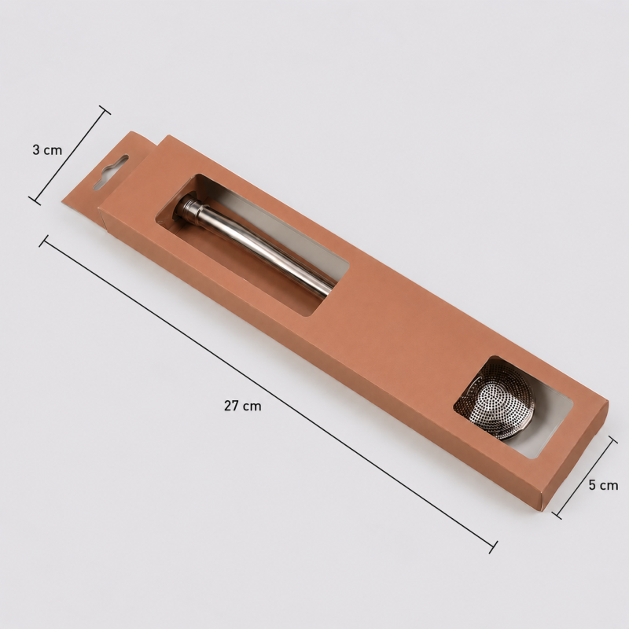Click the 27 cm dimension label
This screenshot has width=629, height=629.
(x=243, y=406)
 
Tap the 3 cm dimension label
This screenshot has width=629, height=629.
(x=47, y=150)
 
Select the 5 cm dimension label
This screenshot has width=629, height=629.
(x=603, y=485)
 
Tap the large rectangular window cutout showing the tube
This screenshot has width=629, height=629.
(x=252, y=245)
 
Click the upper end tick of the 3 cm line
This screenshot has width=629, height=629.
(x=105, y=110)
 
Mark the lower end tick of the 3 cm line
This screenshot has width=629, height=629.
(x=35, y=200)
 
